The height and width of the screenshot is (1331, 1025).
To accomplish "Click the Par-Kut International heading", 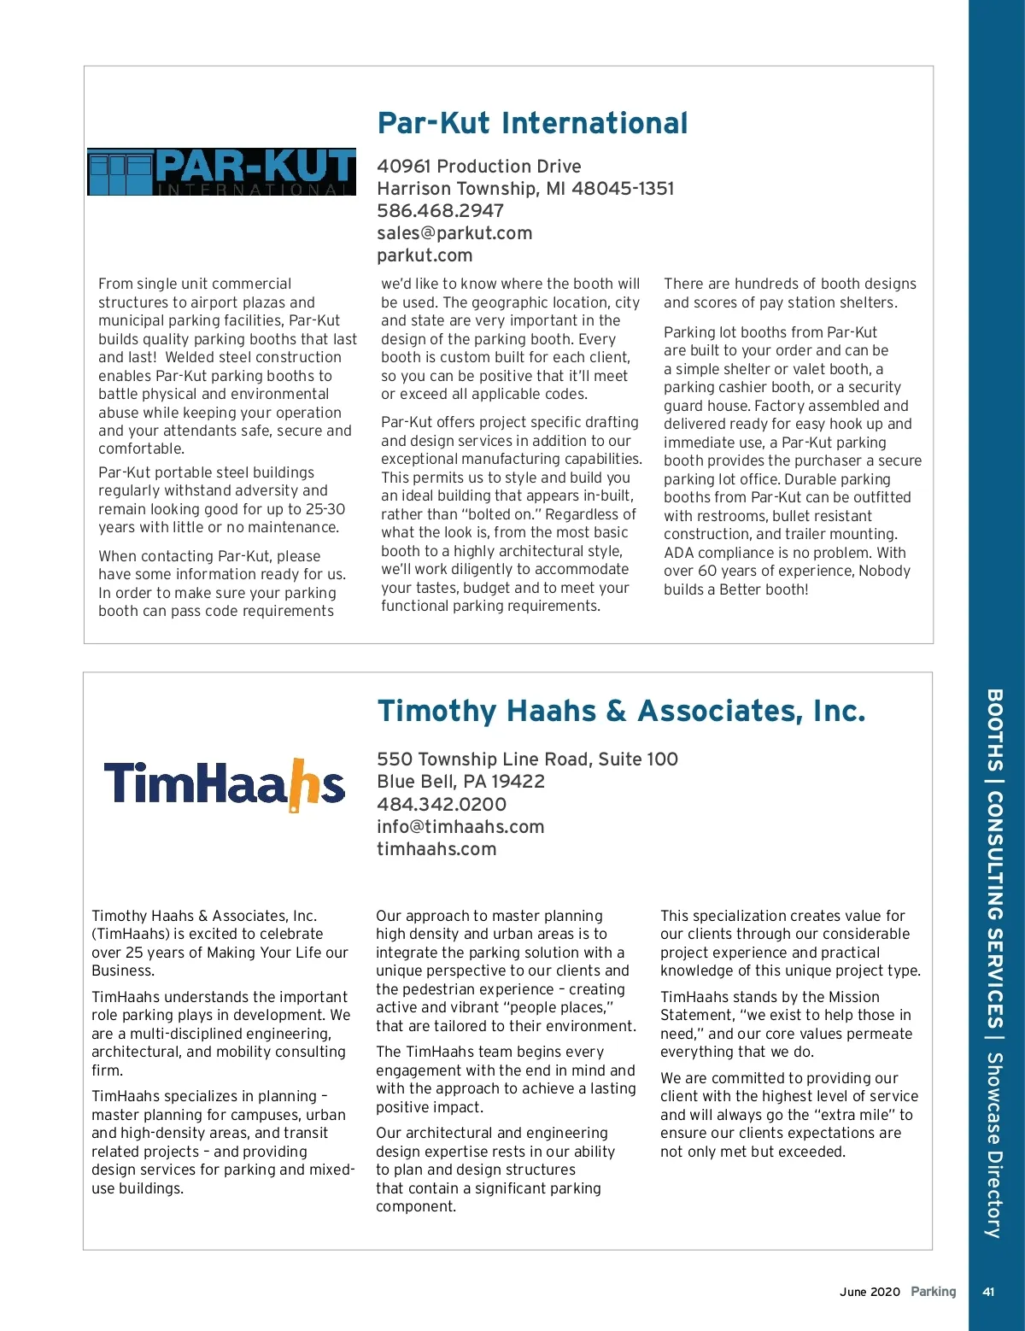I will [532, 123].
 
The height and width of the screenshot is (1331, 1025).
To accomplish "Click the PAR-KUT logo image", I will [221, 172].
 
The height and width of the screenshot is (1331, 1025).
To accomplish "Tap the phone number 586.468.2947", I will [440, 211].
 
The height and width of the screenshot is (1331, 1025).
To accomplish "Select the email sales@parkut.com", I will [454, 233].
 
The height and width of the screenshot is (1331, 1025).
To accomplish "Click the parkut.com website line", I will [425, 255].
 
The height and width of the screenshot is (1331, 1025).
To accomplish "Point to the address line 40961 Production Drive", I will [478, 167].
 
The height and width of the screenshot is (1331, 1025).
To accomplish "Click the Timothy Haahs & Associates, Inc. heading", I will [621, 711].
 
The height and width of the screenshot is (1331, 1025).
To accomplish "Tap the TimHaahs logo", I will [224, 784].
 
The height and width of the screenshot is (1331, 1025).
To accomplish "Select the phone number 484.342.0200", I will [441, 805].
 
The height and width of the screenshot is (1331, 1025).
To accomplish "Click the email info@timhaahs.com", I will [460, 827].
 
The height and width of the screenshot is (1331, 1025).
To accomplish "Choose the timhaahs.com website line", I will [436, 849].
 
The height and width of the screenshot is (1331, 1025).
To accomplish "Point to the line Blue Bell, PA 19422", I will [460, 782].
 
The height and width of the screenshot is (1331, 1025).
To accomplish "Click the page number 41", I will [988, 1292].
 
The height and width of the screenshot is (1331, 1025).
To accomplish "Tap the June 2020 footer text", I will [870, 1292].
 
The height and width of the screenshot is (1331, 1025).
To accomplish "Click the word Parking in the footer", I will [933, 1292].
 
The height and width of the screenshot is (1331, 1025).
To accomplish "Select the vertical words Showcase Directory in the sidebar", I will [994, 1145].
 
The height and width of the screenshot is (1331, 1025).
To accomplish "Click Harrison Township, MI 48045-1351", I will [525, 189].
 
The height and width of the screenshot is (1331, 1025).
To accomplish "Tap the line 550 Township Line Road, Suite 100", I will [527, 759].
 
